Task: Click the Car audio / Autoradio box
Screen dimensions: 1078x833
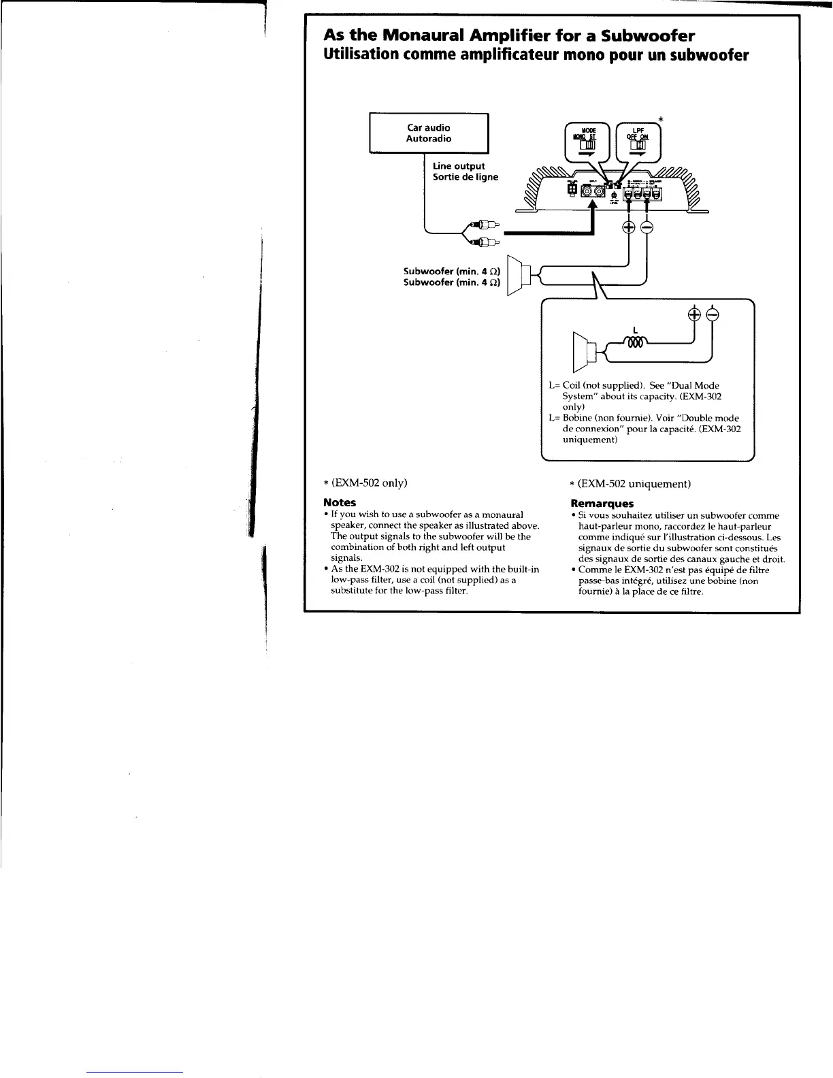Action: click(429, 133)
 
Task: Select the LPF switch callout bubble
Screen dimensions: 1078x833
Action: click(638, 140)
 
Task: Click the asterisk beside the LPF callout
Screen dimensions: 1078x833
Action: click(659, 120)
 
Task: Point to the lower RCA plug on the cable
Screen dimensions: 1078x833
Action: click(485, 240)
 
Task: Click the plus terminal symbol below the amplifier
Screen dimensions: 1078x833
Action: click(629, 228)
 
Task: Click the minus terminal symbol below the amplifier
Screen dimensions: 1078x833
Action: click(646, 228)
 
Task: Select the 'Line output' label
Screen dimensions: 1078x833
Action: click(459, 166)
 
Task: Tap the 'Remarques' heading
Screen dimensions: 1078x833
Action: click(601, 504)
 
